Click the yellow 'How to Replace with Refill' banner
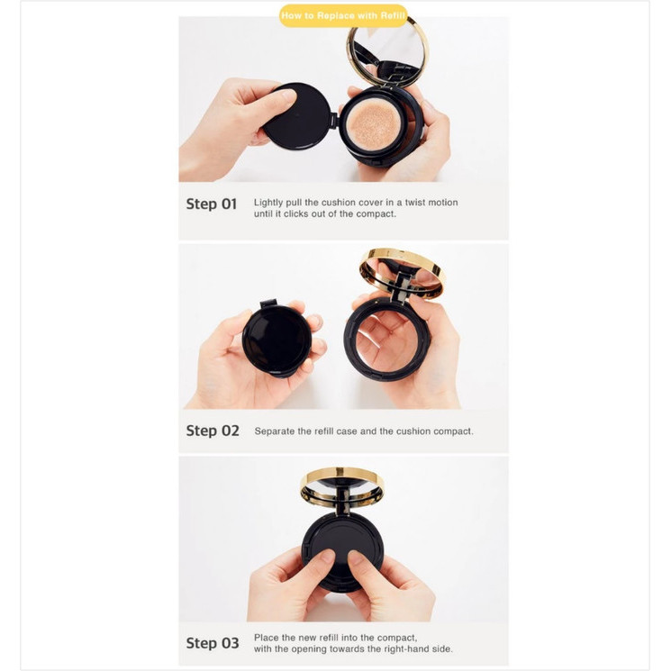[x=343, y=15]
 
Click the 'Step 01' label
[x=211, y=204]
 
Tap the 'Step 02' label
[x=213, y=431]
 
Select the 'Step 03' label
[x=213, y=642]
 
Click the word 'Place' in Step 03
[x=267, y=637]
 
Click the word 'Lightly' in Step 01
[x=270, y=203]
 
